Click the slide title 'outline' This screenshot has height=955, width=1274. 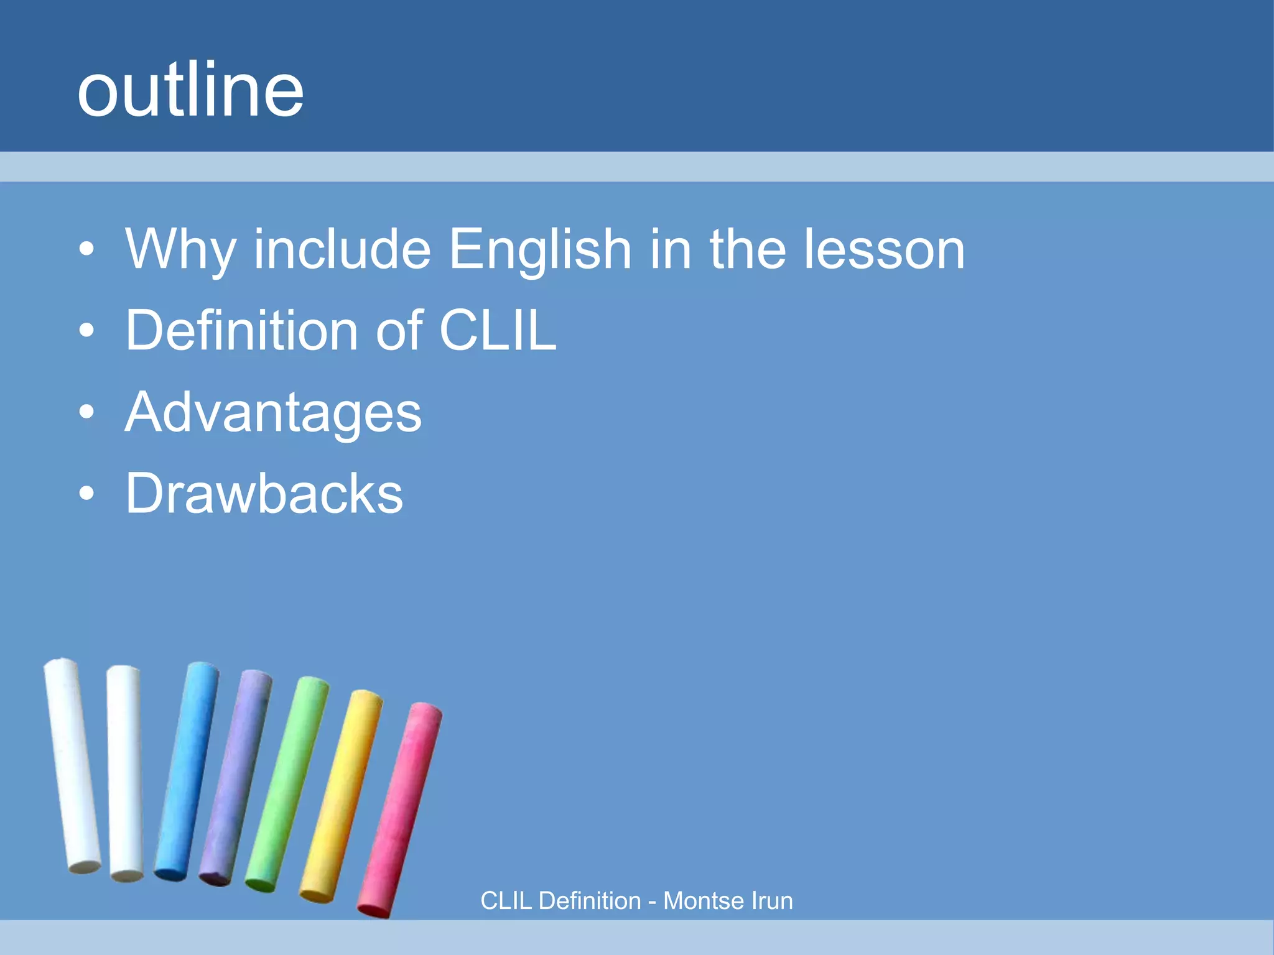pos(190,90)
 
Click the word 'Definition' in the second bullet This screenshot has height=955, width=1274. pos(241,330)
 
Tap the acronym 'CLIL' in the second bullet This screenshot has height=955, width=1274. pos(498,330)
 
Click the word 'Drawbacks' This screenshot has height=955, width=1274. pos(264,494)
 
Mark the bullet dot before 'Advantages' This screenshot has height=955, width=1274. pos(87,412)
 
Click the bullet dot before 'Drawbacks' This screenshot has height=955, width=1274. pos(87,494)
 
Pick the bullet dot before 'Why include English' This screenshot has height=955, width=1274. pos(87,249)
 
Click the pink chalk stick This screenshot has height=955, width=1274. pos(400,808)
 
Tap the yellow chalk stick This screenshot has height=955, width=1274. pos(341,796)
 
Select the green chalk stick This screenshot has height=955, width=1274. pos(287,783)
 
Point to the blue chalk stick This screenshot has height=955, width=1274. pos(187,771)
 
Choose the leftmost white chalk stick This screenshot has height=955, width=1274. pos(72,765)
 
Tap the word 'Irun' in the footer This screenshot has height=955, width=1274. pos(772,901)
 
